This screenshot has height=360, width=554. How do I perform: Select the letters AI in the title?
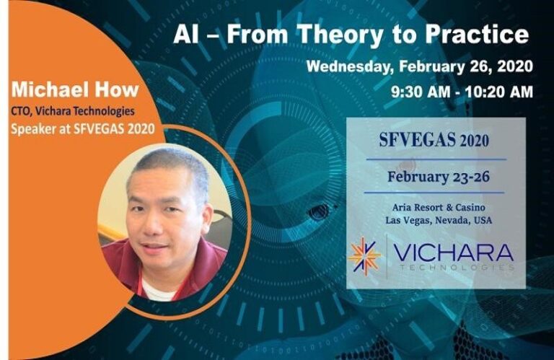(x=185, y=34)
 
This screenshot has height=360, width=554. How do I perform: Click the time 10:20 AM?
(x=498, y=92)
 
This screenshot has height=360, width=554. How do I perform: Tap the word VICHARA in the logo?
(x=455, y=252)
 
